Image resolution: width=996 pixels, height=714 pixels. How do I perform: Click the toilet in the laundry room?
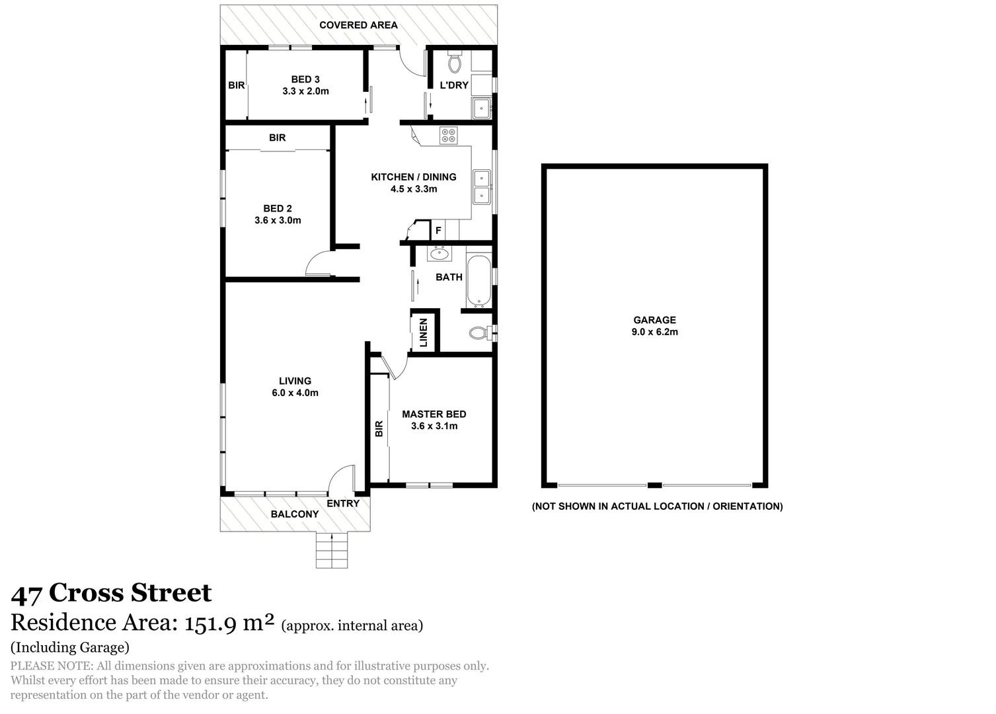click(x=455, y=62)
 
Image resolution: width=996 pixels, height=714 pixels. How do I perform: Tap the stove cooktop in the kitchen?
click(x=449, y=135)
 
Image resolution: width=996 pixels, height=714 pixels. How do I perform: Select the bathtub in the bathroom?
click(x=479, y=281)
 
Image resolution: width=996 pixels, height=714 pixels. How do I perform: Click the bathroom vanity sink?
click(x=440, y=253)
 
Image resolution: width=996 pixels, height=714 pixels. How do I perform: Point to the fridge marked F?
click(x=438, y=231)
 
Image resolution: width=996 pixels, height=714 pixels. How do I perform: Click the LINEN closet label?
click(x=424, y=332)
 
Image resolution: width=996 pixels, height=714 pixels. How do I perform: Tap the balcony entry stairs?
click(x=332, y=550)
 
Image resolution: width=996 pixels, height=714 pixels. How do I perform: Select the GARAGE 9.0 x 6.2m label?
click(x=654, y=326)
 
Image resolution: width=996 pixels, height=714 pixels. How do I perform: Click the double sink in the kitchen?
click(x=481, y=186)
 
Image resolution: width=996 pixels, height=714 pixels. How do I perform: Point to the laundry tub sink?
click(x=480, y=108)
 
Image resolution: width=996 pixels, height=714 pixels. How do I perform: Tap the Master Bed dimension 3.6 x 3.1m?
click(x=434, y=426)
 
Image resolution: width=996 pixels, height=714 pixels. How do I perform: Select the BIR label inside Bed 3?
click(x=237, y=85)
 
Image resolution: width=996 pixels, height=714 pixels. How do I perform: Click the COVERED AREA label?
click(x=358, y=25)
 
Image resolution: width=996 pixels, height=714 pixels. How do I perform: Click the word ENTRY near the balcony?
click(x=343, y=503)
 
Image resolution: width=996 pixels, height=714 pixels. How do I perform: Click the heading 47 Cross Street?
click(x=111, y=593)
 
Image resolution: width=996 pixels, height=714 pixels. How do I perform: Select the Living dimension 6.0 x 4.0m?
click(x=295, y=393)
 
